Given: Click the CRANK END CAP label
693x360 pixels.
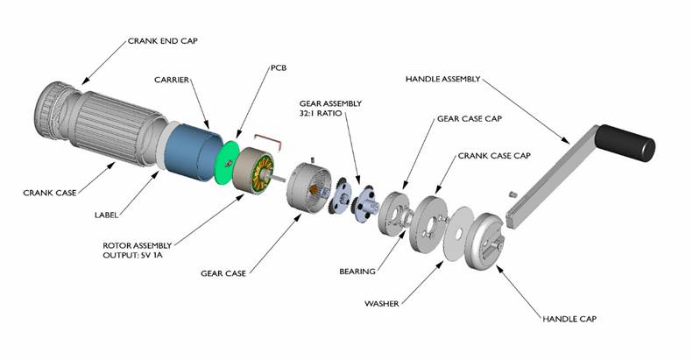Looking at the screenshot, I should [163, 40].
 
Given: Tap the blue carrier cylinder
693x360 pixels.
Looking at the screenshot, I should [187, 152].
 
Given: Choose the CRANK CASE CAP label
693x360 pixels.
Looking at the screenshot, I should [494, 155].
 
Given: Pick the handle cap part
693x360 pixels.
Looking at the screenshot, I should [485, 244].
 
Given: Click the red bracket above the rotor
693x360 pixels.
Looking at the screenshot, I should [266, 138].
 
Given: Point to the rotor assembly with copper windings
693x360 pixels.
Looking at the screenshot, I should [252, 173].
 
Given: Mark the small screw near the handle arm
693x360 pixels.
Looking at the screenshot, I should [513, 190].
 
